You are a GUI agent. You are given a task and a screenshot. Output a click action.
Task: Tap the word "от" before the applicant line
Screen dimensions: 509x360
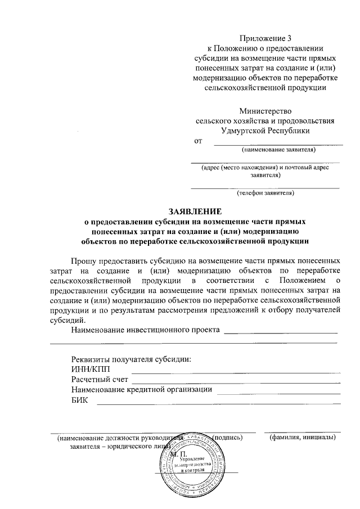pyautogui.click(x=197, y=141)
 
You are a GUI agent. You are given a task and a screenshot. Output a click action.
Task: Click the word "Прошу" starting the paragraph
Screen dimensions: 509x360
pyautogui.click(x=84, y=262)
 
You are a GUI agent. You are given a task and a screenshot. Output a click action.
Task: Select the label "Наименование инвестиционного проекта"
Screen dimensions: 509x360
pyautogui.click(x=145, y=329)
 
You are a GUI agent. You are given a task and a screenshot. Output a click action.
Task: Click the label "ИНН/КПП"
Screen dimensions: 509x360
pyautogui.click(x=88, y=370)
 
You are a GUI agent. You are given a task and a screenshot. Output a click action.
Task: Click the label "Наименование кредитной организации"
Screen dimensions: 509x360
pyautogui.click(x=141, y=389)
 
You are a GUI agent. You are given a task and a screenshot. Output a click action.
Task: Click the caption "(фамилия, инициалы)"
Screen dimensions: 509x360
pyautogui.click(x=303, y=437)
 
